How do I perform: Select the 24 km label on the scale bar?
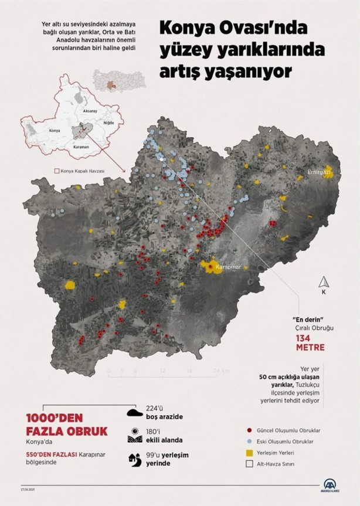point(220,371)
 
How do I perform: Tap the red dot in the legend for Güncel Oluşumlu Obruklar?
point(250,430)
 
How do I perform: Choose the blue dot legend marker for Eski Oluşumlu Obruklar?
point(250,441)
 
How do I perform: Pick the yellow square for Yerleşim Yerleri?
point(250,453)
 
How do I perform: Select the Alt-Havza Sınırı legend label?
point(281,464)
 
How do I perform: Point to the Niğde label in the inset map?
point(108,123)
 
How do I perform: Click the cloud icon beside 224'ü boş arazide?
point(135,412)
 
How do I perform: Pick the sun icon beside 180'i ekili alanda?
point(135,435)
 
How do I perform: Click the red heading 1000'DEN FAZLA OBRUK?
point(58,425)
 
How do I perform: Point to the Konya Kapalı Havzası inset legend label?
point(82,171)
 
